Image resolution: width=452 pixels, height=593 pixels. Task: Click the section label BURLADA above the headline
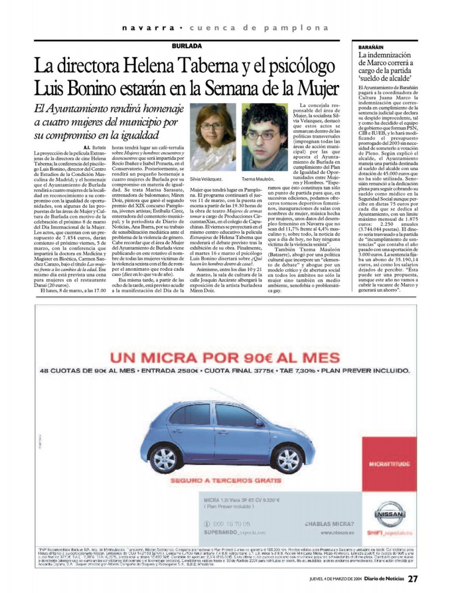coord(186,46)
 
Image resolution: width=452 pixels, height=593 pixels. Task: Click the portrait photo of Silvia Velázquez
coord(213,137)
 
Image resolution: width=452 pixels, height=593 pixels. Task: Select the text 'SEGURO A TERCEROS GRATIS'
coord(226,480)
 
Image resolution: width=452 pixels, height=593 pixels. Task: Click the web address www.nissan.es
coord(337,533)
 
